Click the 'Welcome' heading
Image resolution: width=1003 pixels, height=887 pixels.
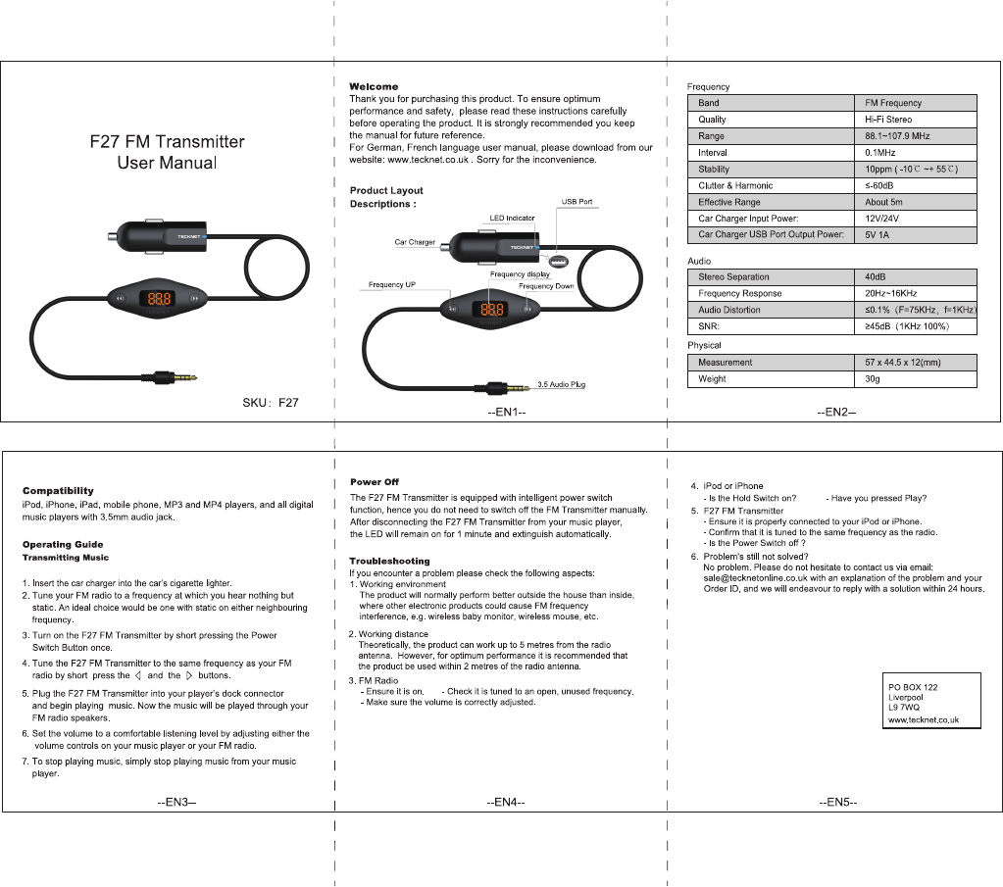[x=374, y=87]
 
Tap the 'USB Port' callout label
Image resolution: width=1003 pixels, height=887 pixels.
[x=577, y=202]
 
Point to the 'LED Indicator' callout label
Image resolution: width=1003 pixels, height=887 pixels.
[x=512, y=218]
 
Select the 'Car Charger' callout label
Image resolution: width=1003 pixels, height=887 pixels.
[x=415, y=241]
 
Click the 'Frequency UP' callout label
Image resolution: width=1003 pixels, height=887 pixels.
[x=392, y=284]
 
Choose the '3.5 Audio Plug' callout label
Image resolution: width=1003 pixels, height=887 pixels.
[x=561, y=384]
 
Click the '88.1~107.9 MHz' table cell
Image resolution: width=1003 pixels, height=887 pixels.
[x=897, y=136]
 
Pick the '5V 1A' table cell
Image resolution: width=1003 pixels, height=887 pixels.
[x=878, y=235]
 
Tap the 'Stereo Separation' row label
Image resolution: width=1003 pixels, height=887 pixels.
[x=733, y=277]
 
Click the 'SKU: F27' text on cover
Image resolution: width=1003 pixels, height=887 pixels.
[x=271, y=402]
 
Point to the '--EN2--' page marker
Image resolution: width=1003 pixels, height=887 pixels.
[x=836, y=412]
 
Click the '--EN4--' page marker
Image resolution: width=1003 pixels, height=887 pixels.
[x=506, y=803]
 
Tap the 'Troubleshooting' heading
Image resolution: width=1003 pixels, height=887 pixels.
[x=389, y=562]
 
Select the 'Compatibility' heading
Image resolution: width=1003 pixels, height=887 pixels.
[x=58, y=491]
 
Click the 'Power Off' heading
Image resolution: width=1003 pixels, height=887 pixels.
[x=375, y=482]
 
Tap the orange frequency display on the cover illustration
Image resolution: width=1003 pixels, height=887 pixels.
[x=157, y=298]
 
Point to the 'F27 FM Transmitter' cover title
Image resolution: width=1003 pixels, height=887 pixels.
[x=167, y=142]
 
